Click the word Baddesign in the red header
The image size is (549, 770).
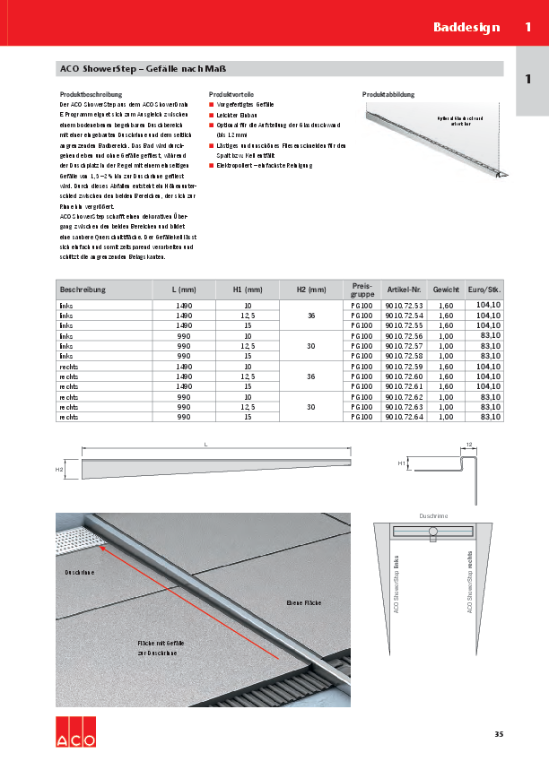coord(466,27)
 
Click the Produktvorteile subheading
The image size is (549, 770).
coord(232,94)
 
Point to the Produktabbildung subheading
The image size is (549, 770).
coord(388,94)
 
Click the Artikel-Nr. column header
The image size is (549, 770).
coord(404,290)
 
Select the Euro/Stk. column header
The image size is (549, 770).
coord(484,290)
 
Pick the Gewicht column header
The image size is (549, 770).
coord(446,290)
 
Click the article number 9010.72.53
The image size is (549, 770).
coord(404,306)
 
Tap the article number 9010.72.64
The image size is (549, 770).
coord(404,417)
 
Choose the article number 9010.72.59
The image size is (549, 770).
coord(404,367)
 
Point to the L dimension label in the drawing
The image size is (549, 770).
coord(206,445)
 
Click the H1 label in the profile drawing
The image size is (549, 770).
coord(401,463)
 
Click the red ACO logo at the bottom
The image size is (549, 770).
coord(75,732)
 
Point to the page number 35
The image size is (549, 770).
coord(498,735)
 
